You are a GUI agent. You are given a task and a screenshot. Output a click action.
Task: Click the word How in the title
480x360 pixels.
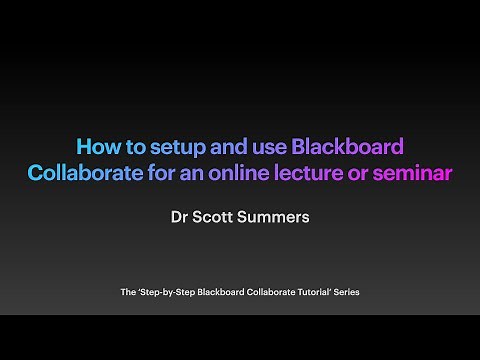[x=99, y=146]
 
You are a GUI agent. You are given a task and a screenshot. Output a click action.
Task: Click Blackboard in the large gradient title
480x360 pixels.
[x=348, y=146]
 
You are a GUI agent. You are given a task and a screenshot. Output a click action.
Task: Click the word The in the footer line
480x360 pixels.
[x=128, y=292]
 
